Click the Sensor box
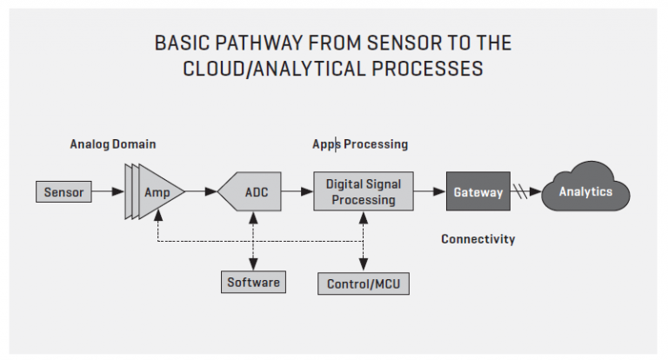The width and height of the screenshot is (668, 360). (x=63, y=191)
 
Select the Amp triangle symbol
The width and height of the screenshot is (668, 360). (x=157, y=191)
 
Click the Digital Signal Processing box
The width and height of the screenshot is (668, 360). (x=363, y=191)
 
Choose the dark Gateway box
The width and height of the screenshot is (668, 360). (x=478, y=192)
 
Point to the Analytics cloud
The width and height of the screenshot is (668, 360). (x=584, y=191)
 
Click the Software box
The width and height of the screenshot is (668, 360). (x=253, y=282)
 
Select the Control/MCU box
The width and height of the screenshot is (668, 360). (x=364, y=283)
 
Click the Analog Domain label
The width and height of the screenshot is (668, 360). (x=113, y=144)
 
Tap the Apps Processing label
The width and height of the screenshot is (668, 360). (x=360, y=144)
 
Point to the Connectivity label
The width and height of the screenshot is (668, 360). (x=478, y=239)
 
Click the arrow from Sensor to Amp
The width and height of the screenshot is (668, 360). (x=107, y=191)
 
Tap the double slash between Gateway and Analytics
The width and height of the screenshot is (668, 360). (x=521, y=192)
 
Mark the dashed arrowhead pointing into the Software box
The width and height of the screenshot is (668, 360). (x=253, y=266)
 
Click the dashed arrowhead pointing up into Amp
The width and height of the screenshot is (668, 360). (x=157, y=217)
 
